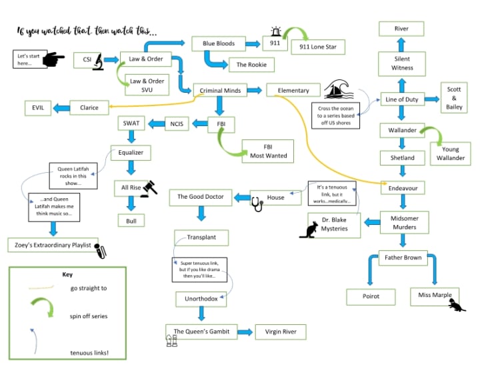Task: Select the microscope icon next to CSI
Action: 97,60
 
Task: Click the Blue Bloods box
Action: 218,43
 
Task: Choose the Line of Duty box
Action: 401,99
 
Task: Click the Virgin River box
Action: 281,332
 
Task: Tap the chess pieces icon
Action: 171,341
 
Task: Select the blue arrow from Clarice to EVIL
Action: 61,107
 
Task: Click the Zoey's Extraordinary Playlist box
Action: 52,245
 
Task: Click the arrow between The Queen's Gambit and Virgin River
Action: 245,332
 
